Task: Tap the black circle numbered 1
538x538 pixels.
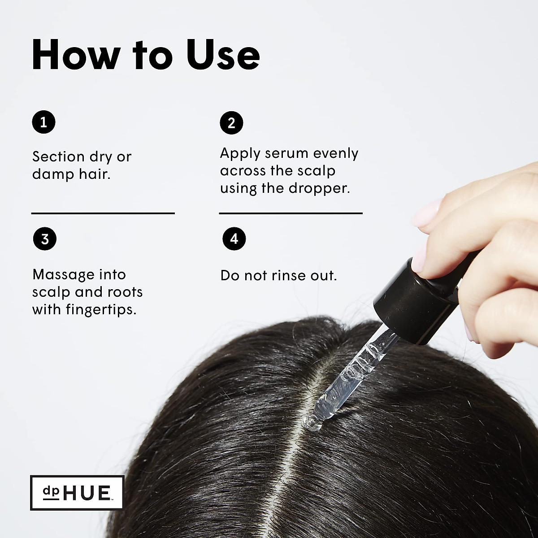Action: (x=44, y=122)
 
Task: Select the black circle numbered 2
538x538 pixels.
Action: (x=231, y=123)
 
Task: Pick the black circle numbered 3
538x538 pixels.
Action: (x=44, y=239)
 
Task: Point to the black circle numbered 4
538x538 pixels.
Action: (x=234, y=239)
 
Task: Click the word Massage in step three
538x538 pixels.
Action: (x=63, y=274)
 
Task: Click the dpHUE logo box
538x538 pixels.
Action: (x=77, y=492)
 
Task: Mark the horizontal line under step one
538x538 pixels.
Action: (x=103, y=213)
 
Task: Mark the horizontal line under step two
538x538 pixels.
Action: (x=291, y=213)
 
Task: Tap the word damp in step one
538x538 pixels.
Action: (x=51, y=174)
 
